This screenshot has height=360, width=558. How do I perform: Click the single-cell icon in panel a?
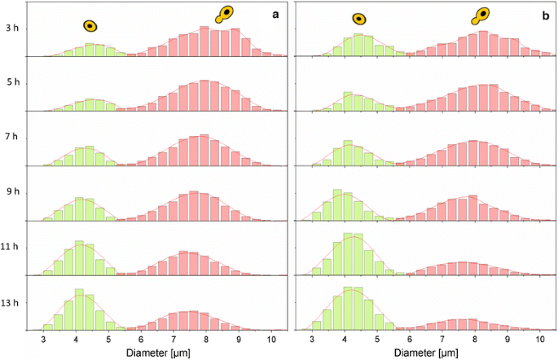tap(90, 26)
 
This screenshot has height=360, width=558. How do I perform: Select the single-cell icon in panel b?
tap(358, 20)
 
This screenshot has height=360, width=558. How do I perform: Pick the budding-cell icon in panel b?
tap(484, 14)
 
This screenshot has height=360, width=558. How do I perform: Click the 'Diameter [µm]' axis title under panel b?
tap(426, 353)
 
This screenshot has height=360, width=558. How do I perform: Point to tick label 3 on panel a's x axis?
tap(44, 339)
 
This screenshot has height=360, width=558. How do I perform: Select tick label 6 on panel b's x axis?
tap(410, 339)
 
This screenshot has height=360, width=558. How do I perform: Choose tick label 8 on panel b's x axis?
tap(475, 339)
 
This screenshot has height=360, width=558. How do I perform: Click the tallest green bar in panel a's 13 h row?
tap(79, 309)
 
